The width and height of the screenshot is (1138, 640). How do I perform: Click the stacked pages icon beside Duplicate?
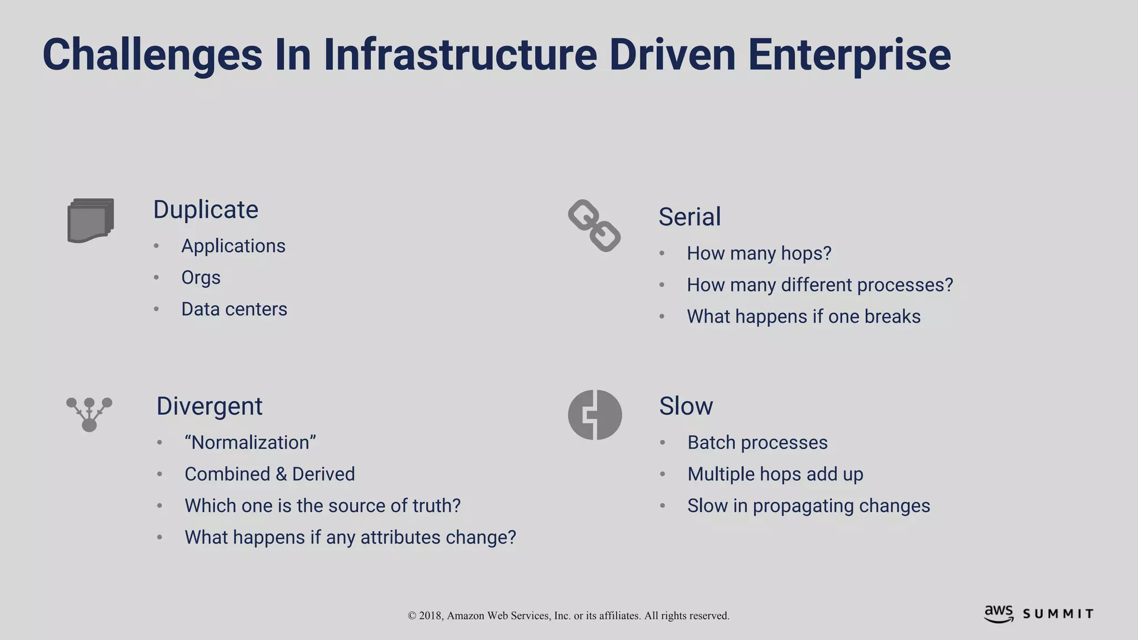click(91, 221)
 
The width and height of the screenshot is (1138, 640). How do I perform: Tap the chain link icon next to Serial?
click(594, 226)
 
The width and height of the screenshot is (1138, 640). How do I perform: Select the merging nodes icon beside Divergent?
click(89, 414)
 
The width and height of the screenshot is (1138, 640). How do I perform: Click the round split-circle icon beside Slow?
click(595, 414)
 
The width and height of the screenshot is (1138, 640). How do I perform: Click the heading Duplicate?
click(206, 210)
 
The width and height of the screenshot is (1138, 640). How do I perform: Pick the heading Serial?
click(690, 217)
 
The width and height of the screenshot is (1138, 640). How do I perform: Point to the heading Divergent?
click(209, 406)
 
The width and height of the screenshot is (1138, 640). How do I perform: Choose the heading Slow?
click(686, 406)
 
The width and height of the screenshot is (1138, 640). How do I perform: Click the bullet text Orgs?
click(201, 277)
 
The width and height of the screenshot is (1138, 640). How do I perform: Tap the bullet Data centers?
click(234, 309)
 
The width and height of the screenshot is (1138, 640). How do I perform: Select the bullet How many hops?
click(759, 253)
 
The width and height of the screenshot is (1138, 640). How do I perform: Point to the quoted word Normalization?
click(251, 443)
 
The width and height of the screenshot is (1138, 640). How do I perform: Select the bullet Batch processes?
click(757, 443)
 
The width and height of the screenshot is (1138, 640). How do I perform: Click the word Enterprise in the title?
click(849, 54)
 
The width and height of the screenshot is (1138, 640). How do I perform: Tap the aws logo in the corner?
click(999, 614)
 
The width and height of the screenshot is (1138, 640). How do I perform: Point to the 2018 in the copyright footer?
click(431, 616)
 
